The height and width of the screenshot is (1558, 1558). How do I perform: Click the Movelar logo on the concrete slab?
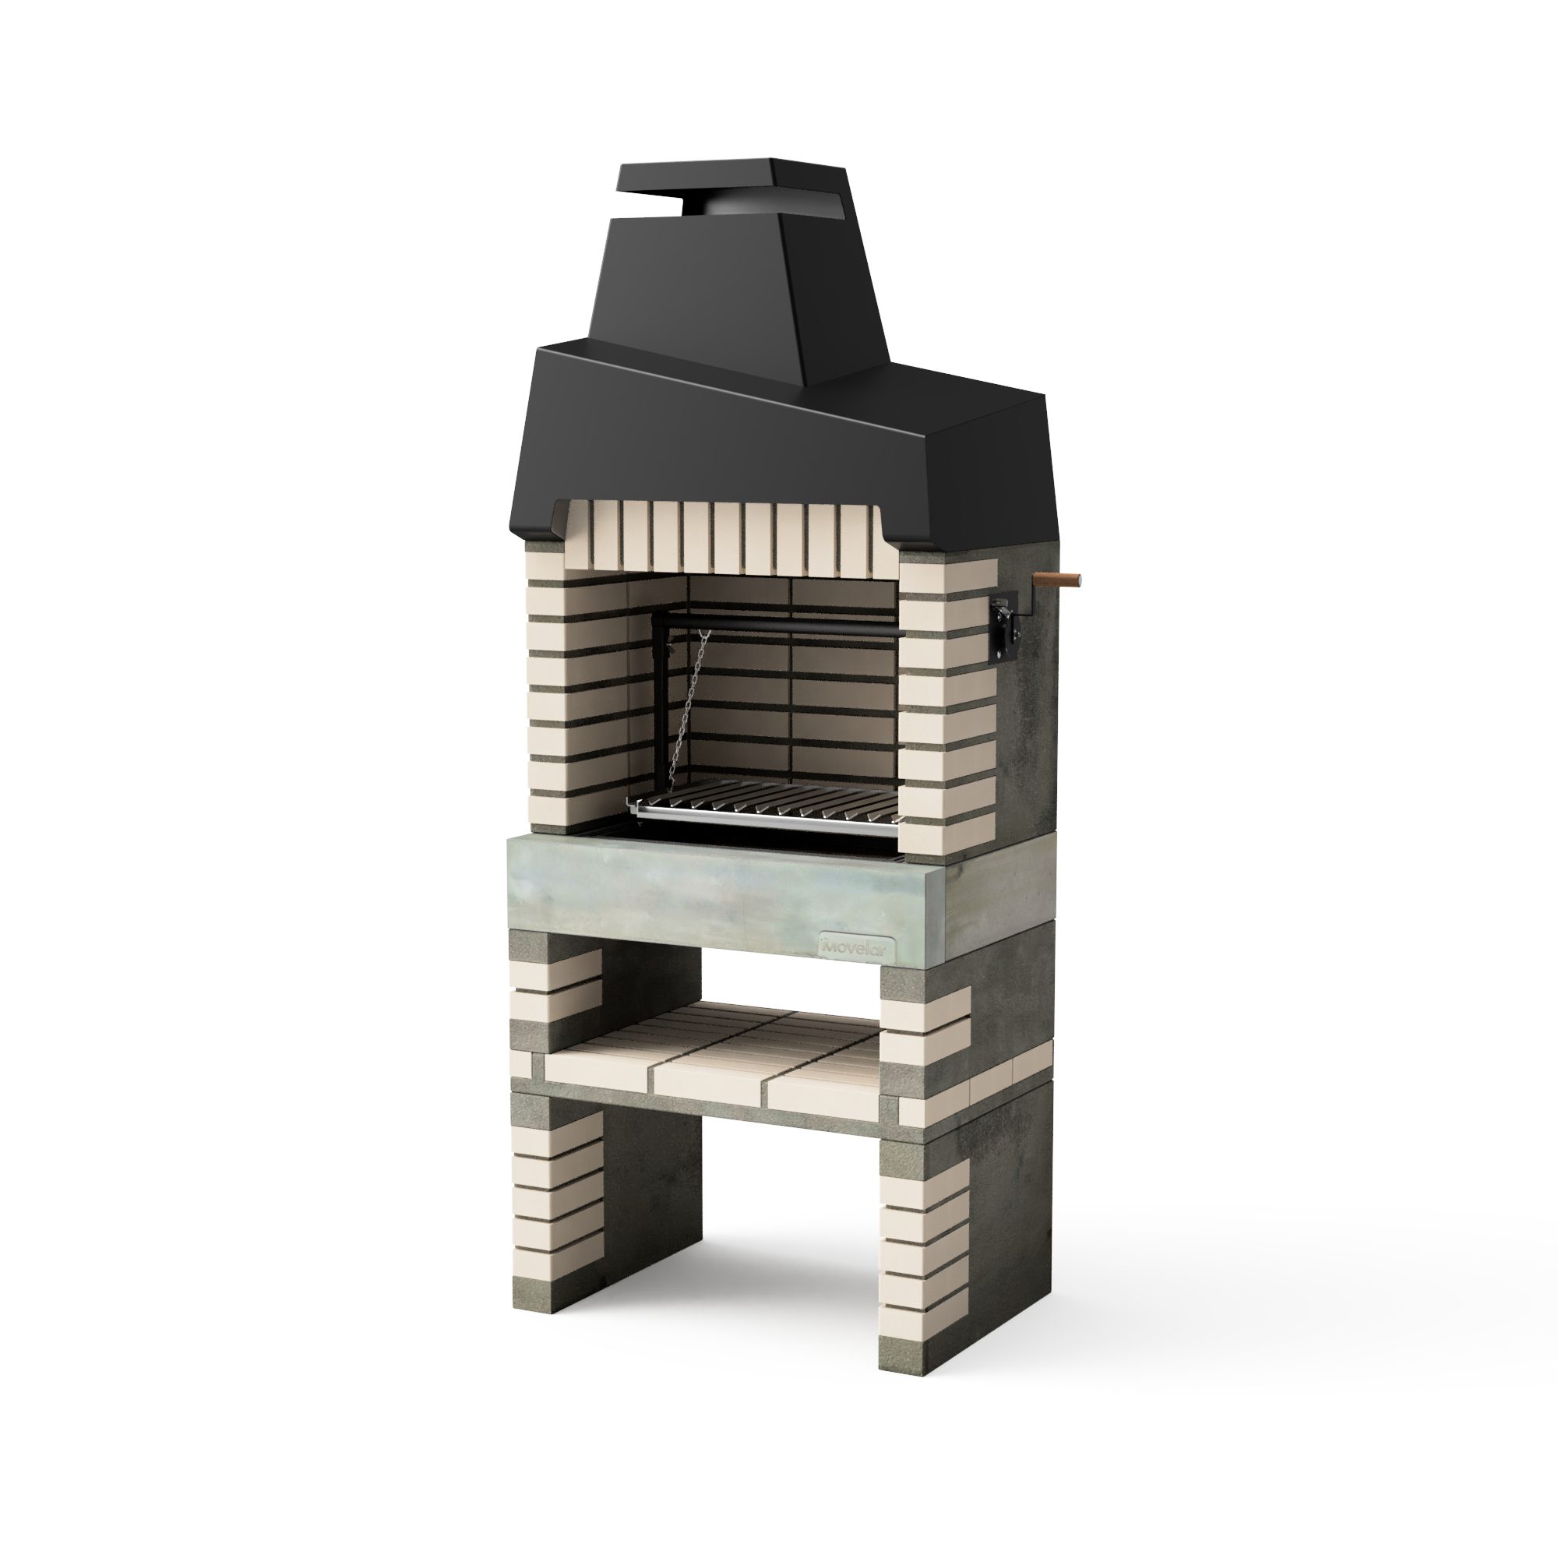tap(853, 946)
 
